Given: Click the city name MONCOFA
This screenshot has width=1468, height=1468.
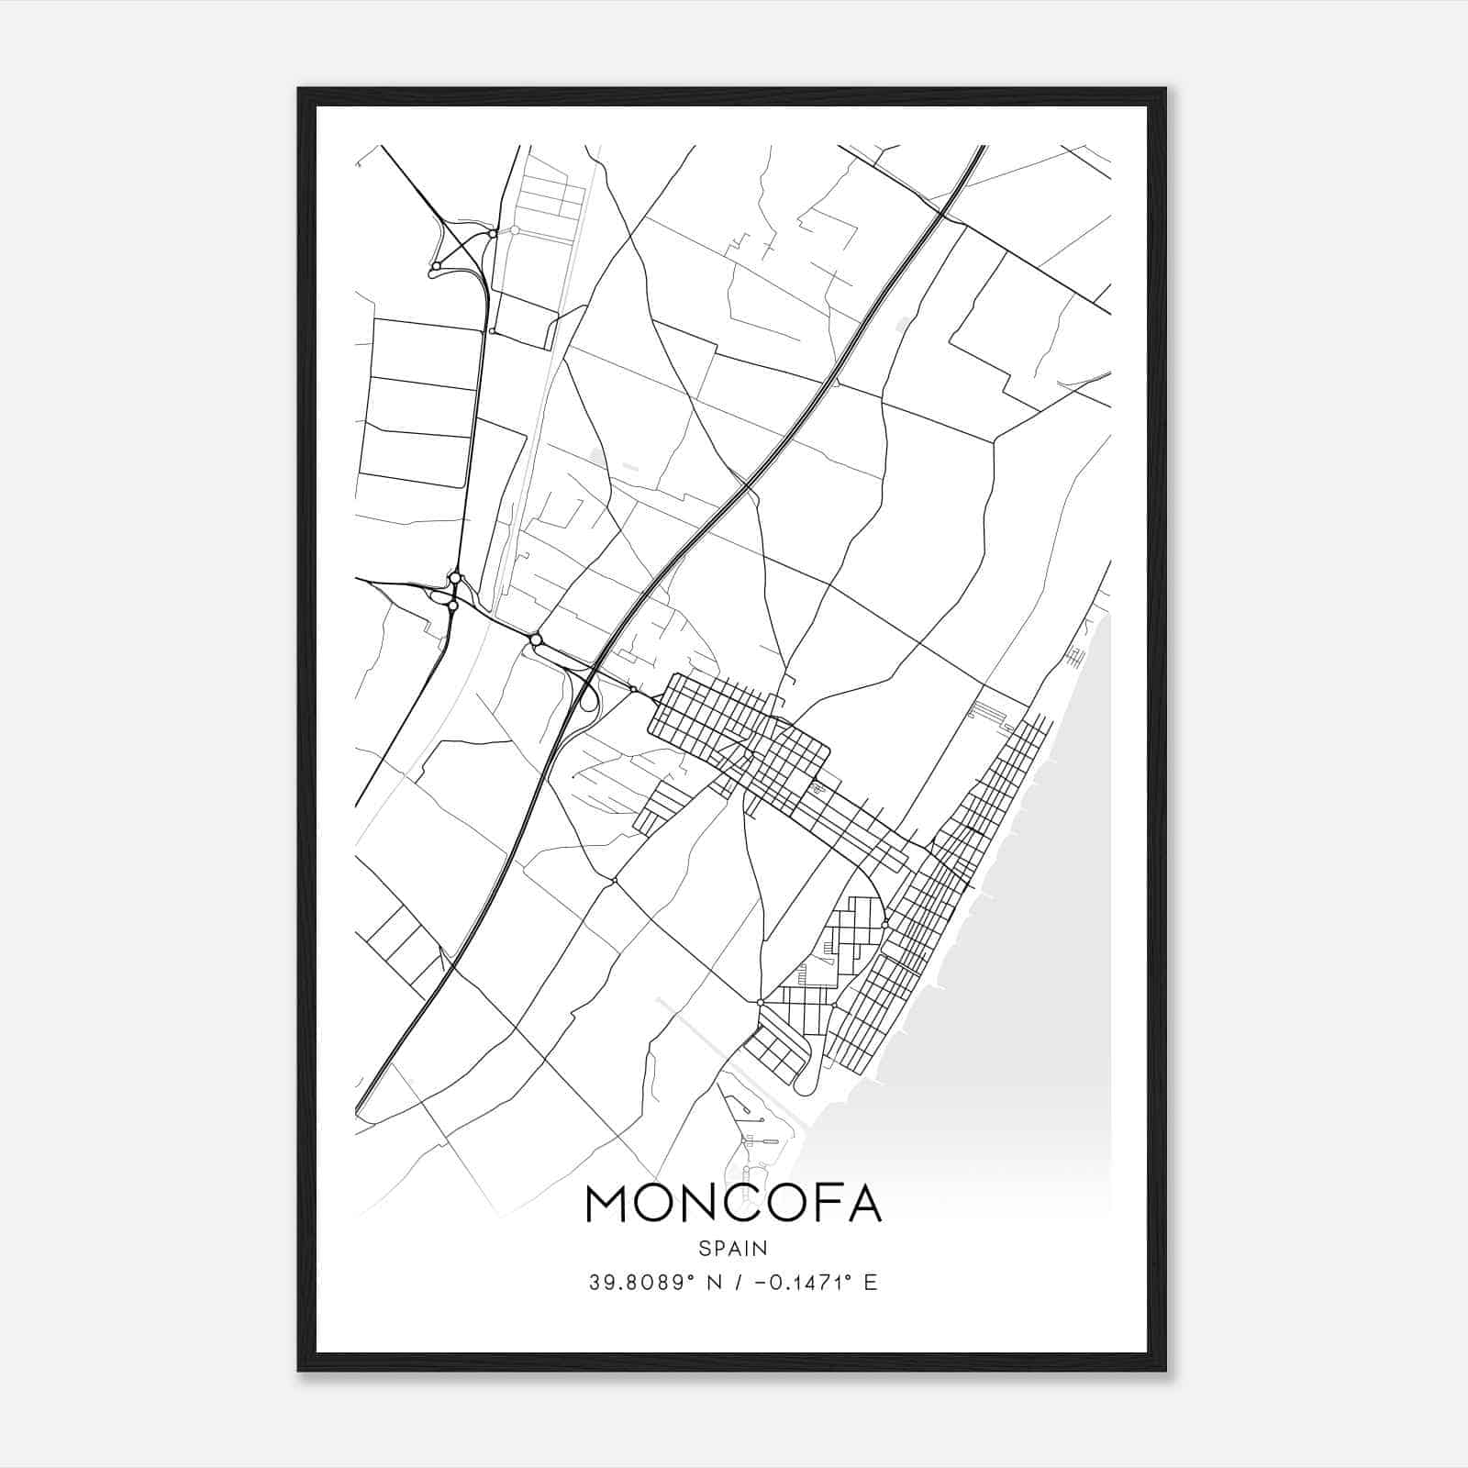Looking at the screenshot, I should point(733,1204).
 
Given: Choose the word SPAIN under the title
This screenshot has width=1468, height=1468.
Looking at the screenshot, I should point(733,1249).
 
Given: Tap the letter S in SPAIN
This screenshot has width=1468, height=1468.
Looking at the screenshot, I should point(704,1249).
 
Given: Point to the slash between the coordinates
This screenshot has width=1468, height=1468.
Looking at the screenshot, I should point(736,1283).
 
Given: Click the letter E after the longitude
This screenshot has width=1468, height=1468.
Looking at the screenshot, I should point(871,1283).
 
